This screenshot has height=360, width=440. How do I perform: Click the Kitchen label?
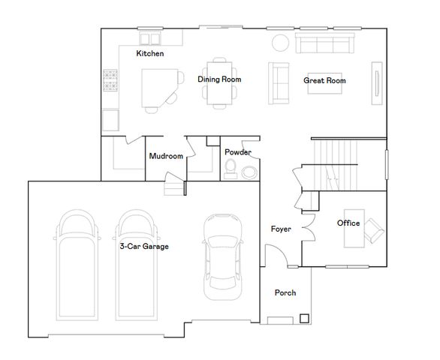click(150, 54)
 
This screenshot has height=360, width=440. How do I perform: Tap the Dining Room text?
click(219, 79)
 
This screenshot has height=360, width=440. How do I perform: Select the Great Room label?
click(324, 79)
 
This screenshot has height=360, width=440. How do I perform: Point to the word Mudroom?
click(166, 157)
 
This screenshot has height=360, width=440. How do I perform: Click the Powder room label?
click(238, 152)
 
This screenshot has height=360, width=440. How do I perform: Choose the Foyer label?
click(281, 229)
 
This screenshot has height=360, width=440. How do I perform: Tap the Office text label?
click(348, 223)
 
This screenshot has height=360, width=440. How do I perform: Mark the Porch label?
click(285, 292)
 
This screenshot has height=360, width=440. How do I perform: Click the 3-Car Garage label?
click(143, 246)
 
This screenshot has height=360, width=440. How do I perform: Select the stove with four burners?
click(111, 80)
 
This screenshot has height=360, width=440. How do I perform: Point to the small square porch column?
click(304, 317)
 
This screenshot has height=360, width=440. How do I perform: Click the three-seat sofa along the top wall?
click(324, 43)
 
